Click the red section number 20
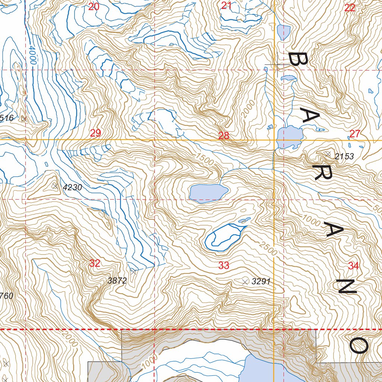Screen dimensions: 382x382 point(94,6)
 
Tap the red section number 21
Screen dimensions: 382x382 point(226,6)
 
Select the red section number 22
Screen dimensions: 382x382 point(350,8)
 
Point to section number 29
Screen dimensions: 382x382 point(95,133)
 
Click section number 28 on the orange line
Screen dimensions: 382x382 point(224,136)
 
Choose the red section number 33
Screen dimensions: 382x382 point(224,266)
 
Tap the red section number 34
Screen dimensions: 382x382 point(354,266)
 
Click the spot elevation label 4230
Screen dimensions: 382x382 point(72,188)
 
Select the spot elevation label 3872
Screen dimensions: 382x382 point(117,281)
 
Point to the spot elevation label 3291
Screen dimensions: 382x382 point(261,282)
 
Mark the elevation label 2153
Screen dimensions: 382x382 point(344,157)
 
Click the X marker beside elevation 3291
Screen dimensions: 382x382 point(245,282)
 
